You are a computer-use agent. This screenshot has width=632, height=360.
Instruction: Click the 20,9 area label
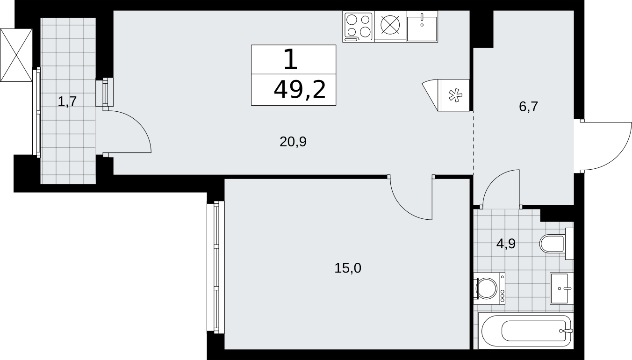pyautogui.click(x=293, y=142)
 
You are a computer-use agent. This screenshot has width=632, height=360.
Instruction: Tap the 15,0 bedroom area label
pyautogui.click(x=348, y=268)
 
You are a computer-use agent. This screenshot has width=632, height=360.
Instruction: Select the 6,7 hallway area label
pyautogui.click(x=528, y=107)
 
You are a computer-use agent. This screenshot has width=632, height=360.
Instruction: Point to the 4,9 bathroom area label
pyautogui.click(x=506, y=244)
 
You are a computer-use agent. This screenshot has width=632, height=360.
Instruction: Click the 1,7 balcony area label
pyautogui.click(x=67, y=101)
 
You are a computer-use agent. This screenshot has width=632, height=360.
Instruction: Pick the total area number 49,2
pyautogui.click(x=300, y=89)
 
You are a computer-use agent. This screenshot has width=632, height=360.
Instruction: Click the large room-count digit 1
pyautogui.click(x=291, y=59)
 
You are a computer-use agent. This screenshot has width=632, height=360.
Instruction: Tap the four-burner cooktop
pyautogui.click(x=359, y=27)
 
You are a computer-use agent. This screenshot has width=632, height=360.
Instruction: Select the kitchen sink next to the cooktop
pyautogui.click(x=422, y=27)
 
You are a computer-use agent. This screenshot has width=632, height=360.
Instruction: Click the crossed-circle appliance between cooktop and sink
pyautogui.click(x=390, y=24)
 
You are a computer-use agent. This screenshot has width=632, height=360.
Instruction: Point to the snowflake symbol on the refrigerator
pyautogui.click(x=455, y=95)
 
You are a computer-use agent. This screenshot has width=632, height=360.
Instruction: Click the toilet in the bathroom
pyautogui.click(x=556, y=244)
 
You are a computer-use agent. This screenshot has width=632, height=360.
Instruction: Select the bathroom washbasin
pyautogui.click(x=561, y=288)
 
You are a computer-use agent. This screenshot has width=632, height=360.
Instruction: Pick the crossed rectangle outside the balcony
pyautogui.click(x=16, y=55)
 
